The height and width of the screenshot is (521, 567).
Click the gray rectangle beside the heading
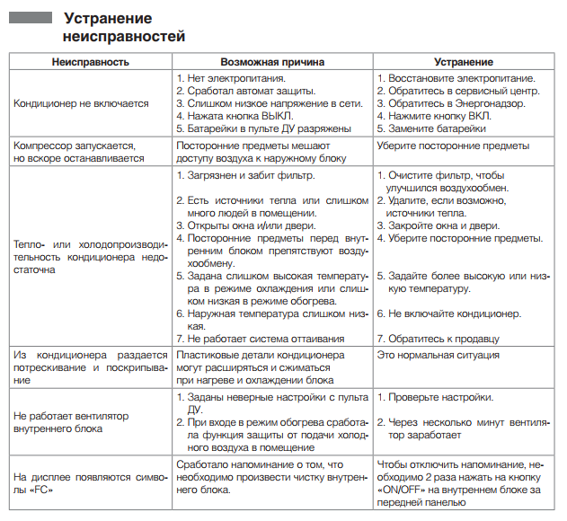[31, 17]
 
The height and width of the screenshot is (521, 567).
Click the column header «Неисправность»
[91, 62]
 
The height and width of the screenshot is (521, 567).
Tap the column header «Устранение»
[463, 62]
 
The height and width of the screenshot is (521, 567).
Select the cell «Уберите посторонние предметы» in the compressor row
[453, 146]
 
